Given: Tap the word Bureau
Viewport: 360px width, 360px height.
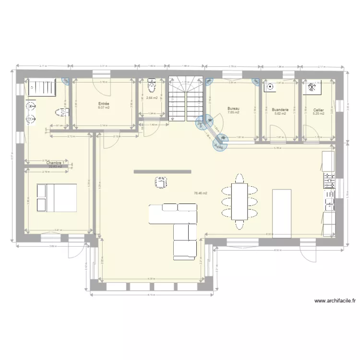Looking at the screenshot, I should click(233, 109).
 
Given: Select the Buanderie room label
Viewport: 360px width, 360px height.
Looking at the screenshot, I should click(280, 109).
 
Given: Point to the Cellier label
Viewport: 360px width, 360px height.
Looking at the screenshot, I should click(318, 109).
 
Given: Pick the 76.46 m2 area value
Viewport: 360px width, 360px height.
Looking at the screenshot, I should click(200, 193).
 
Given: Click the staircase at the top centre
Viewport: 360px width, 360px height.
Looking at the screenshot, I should click(187, 98).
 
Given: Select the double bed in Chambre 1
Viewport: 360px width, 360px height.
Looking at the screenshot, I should click(56, 197).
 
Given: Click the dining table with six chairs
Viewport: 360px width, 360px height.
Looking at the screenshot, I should click(240, 201).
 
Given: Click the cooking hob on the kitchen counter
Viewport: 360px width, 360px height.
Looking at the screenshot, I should click(330, 181).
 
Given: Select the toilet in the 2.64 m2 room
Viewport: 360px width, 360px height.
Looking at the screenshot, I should click(152, 86).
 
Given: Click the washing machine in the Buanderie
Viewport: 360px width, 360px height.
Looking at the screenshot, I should click(270, 87).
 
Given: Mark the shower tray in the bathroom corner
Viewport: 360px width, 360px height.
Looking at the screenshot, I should click(42, 88).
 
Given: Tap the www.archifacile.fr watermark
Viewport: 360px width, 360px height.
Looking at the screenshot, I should click(335, 301).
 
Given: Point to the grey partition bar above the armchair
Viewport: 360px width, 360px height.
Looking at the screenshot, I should click(162, 171).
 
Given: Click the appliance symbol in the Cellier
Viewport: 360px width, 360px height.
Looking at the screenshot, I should click(311, 87).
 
